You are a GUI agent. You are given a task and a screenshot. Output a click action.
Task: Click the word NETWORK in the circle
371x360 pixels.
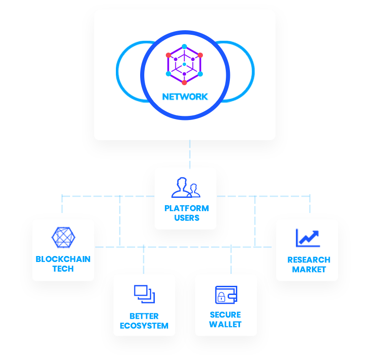coord(185,97)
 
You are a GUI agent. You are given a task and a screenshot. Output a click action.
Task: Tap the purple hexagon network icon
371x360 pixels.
coord(184,64)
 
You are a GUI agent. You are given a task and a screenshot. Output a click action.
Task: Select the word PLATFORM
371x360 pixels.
coord(186,208)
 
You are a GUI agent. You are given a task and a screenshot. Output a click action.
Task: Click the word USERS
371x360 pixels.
coord(186,218)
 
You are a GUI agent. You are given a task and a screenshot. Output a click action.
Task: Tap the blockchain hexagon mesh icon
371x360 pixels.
coord(63,237)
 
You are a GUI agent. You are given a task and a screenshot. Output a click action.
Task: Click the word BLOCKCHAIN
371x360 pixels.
coord(63,259)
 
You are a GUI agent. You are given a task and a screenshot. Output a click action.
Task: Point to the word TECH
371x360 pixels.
coord(63,269)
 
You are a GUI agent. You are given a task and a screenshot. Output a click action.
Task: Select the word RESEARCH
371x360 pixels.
coord(309,260)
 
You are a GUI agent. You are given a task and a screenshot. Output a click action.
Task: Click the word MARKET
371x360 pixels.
coord(309,270)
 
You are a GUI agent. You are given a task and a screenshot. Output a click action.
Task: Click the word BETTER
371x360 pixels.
coord(144,316)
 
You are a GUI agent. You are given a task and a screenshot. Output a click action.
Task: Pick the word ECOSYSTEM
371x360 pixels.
coord(144,326)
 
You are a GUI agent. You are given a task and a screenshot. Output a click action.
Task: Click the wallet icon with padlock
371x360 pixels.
coord(226,295)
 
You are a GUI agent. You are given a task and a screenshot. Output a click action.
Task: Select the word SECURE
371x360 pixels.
coord(225,315)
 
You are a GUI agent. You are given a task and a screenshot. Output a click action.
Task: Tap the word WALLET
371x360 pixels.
coord(225,325)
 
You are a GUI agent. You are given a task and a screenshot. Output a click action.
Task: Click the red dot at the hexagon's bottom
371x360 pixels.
coord(184,83)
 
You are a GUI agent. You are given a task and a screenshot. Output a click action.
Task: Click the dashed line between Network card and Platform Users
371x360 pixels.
coord(190,153)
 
